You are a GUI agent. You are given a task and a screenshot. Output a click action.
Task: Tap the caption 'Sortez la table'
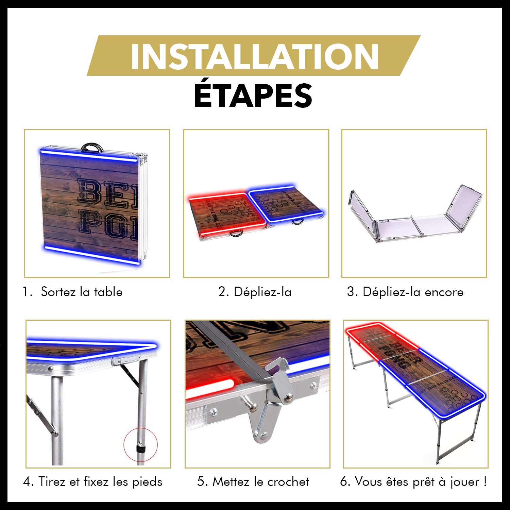tap(81, 292)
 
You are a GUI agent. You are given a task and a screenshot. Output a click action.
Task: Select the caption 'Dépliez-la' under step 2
tap(262, 292)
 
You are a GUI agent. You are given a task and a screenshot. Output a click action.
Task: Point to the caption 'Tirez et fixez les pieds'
tap(100, 482)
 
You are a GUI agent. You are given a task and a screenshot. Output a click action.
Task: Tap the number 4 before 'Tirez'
tap(28, 482)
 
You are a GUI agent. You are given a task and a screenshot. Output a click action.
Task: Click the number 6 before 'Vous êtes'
tap(345, 482)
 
